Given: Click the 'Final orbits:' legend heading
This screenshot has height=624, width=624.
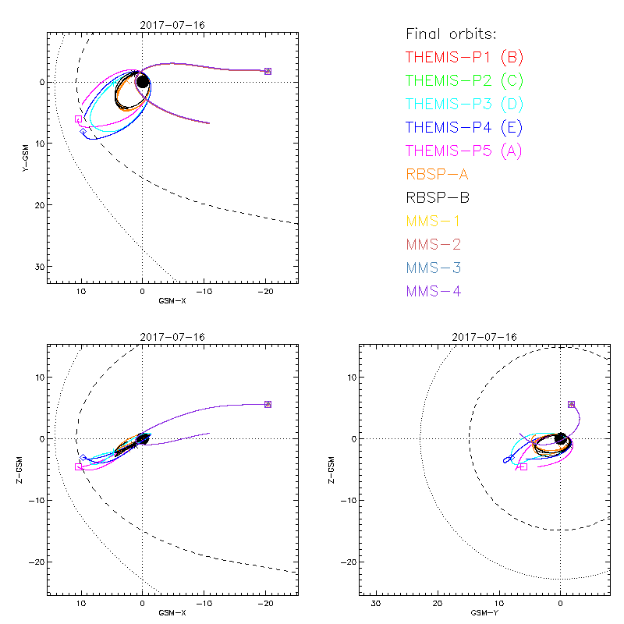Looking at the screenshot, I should (452, 34).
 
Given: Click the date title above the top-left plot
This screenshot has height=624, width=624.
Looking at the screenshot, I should (172, 24).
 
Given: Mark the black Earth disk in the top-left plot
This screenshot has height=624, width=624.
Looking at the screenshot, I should (143, 81).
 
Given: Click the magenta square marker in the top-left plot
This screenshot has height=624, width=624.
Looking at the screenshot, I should (78, 119).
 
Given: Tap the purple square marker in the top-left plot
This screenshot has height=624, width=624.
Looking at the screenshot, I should (268, 71).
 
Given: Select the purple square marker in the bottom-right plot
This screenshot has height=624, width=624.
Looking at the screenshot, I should (571, 404).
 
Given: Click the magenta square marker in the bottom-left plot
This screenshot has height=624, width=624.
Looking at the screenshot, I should (78, 466).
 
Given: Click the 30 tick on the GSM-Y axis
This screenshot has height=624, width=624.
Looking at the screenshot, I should (375, 604).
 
